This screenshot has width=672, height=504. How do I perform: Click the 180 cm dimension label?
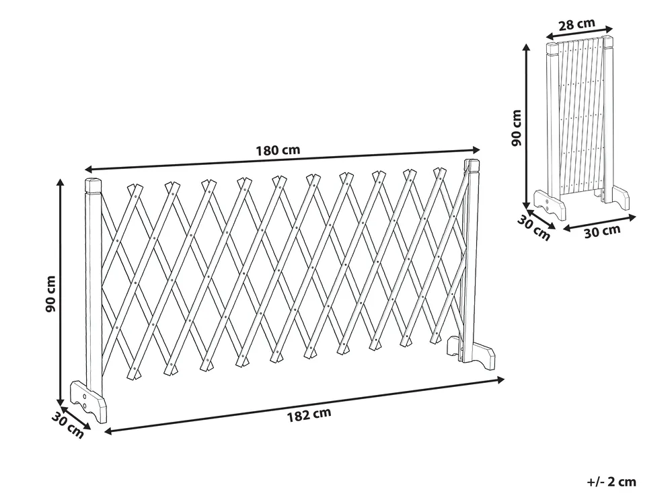(278, 151)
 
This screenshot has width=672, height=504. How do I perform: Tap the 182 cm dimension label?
(309, 415)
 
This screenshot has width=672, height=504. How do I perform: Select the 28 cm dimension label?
(577, 23)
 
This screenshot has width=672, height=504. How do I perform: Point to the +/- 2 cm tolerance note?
(611, 482)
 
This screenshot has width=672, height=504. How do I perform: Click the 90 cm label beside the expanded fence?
(50, 294)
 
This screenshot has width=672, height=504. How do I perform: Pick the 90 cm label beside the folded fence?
(517, 128)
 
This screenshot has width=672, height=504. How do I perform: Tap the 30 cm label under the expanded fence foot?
(67, 425)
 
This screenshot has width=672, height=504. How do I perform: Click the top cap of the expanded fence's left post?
(94, 185)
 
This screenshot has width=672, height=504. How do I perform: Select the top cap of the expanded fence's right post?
(472, 166)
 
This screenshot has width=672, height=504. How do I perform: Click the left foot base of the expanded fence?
(88, 401)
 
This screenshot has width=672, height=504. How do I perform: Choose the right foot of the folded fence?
(616, 197)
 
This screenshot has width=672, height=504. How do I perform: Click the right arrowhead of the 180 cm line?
(476, 149)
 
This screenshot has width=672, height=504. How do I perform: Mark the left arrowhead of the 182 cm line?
(108, 431)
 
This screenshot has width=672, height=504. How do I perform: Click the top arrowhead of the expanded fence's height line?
(61, 183)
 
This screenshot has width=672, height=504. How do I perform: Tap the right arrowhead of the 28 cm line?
(609, 29)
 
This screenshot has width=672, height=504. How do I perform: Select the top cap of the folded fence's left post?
(552, 49)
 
